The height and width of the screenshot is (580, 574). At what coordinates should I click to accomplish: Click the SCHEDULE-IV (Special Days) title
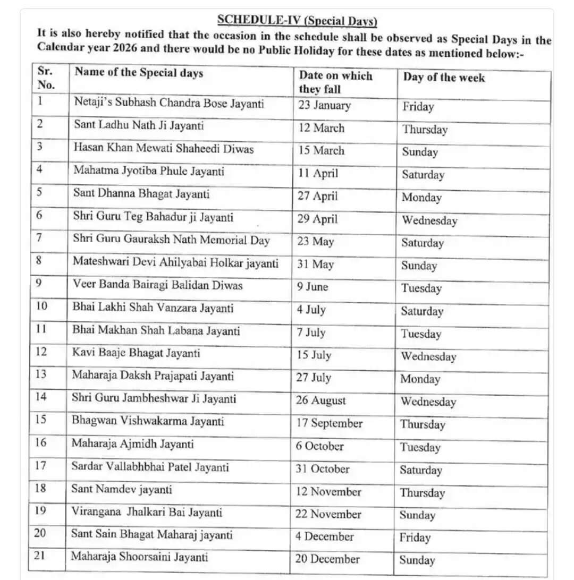[297, 21]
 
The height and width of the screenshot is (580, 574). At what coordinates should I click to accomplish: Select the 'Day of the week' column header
[444, 78]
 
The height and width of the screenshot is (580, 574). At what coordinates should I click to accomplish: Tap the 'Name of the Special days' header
[139, 72]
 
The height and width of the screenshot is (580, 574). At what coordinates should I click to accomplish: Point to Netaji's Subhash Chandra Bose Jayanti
[169, 103]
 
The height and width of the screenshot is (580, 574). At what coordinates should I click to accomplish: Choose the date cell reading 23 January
[324, 105]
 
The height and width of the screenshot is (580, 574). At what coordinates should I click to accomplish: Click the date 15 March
[321, 151]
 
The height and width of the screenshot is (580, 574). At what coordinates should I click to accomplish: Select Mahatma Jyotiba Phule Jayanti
[149, 171]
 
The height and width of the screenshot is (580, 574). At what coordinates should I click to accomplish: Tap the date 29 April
[317, 219]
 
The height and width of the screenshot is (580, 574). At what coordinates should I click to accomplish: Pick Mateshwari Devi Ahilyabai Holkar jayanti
[175, 263]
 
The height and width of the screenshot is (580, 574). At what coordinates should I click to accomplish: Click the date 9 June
[313, 287]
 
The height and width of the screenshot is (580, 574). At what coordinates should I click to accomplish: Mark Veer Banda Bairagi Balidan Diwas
[157, 285]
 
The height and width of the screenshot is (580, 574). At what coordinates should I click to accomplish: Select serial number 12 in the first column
[41, 352]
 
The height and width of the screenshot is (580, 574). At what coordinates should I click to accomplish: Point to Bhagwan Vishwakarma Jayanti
[148, 421]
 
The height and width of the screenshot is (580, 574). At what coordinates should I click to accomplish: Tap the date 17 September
[329, 423]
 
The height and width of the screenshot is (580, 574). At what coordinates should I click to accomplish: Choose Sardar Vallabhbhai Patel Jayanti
[150, 467]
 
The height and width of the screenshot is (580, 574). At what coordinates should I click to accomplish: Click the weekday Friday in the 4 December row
[415, 538]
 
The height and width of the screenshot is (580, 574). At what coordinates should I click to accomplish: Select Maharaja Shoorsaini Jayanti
[139, 557]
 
